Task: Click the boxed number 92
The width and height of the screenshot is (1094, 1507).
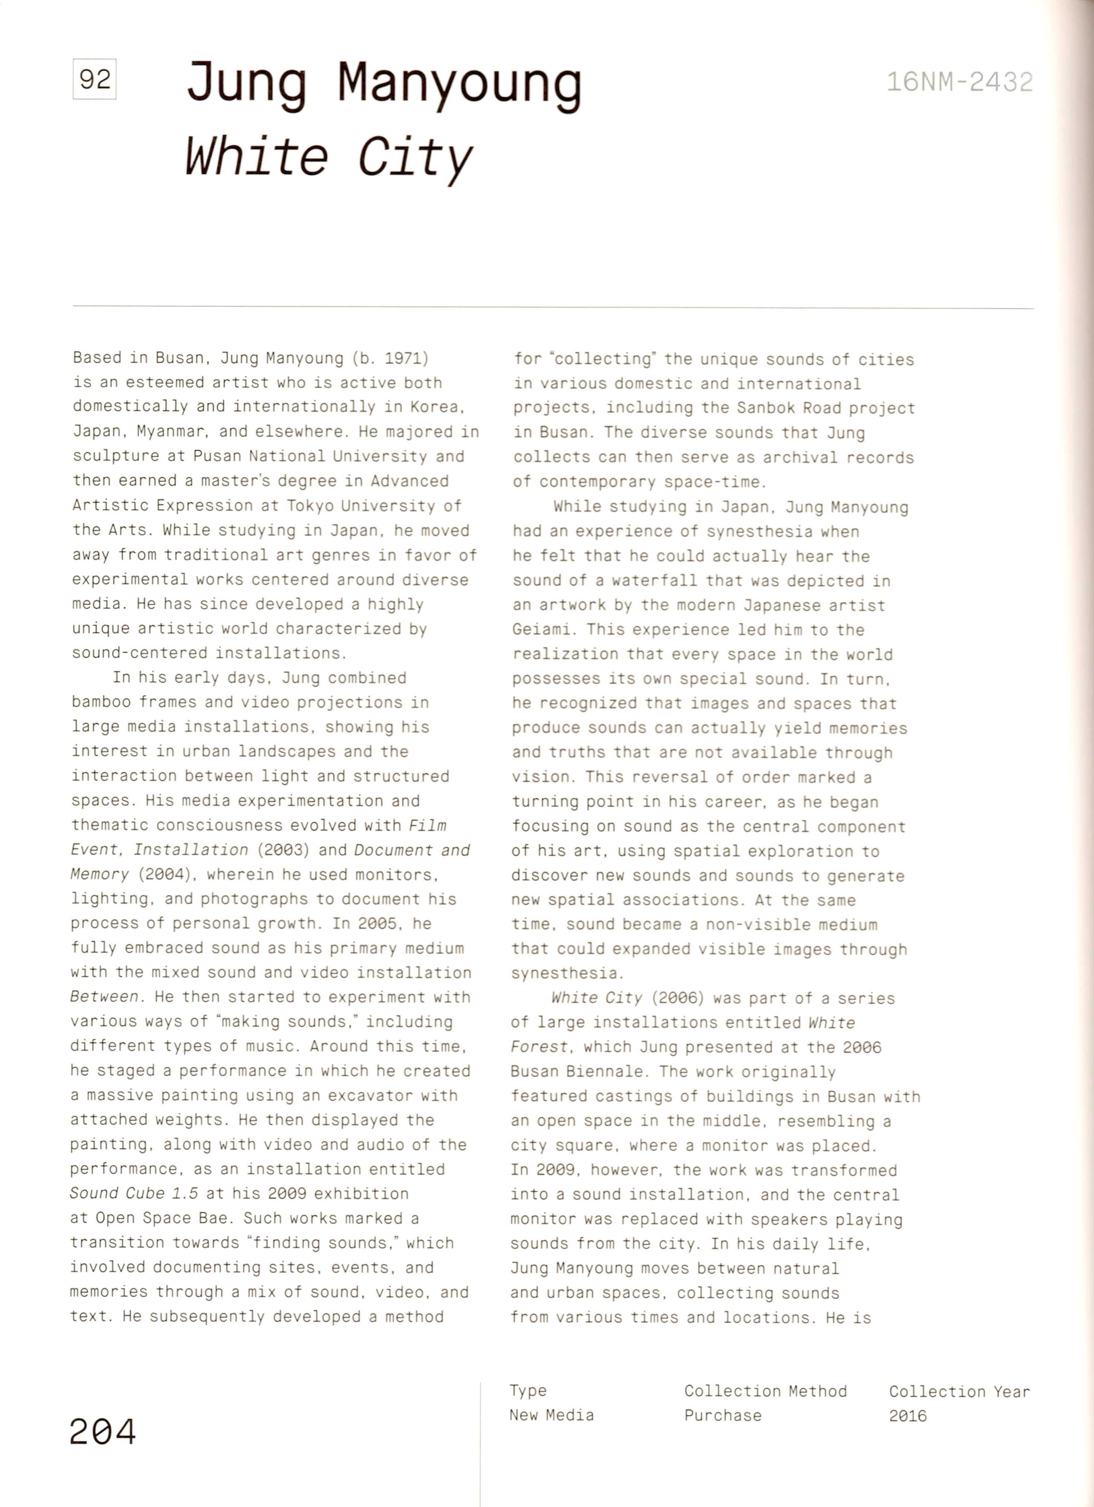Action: (94, 80)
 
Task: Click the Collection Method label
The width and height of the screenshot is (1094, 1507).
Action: (765, 1391)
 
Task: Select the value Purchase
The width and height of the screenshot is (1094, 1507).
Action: (723, 1415)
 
